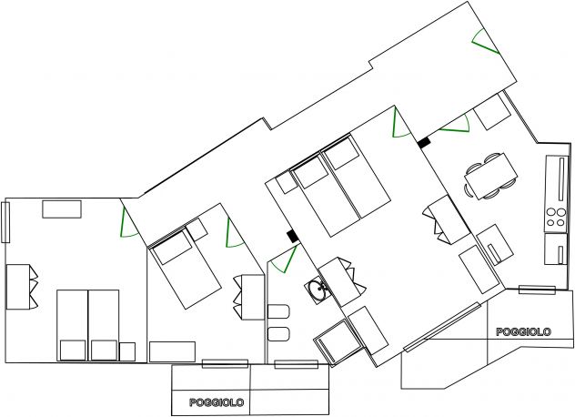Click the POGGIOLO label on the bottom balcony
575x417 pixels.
217,402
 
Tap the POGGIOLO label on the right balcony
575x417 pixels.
523,331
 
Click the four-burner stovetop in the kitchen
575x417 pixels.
556,218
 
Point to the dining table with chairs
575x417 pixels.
490,176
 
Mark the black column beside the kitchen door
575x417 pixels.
424,142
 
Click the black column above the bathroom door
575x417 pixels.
293,236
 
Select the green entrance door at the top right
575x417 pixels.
485,42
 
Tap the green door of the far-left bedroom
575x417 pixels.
128,223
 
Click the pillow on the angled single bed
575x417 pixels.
172,248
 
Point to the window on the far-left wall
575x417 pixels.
5,222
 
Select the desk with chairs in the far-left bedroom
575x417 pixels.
21,287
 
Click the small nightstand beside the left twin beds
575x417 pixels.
127,351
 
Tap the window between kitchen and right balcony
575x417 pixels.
537,290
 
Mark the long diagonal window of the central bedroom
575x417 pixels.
442,326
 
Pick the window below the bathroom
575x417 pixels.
297,364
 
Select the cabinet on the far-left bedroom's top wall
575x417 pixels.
62,209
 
